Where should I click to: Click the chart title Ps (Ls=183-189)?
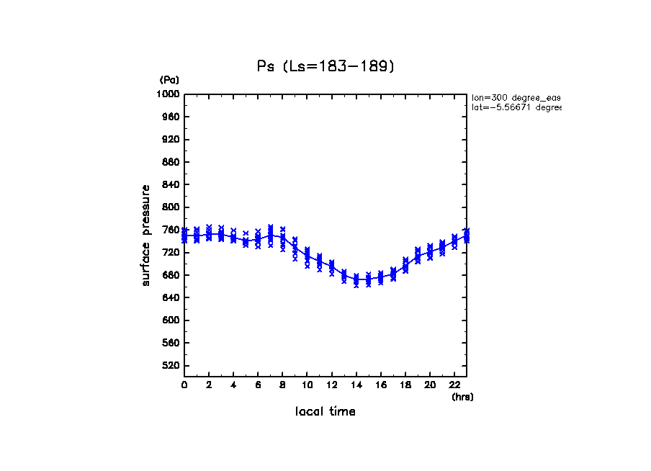pyautogui.click(x=325, y=66)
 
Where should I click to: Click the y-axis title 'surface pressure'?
pyautogui.click(x=146, y=235)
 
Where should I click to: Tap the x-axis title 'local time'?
pyautogui.click(x=325, y=411)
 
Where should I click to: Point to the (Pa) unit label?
pyautogui.click(x=169, y=80)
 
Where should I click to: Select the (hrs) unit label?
pyautogui.click(x=462, y=396)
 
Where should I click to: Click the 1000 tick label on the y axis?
pyautogui.click(x=169, y=94)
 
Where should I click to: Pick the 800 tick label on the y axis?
pyautogui.click(x=171, y=207)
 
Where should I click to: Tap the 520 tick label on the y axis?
pyautogui.click(x=171, y=366)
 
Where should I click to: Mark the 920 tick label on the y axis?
pyautogui.click(x=171, y=140)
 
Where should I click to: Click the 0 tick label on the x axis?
pyautogui.click(x=184, y=385)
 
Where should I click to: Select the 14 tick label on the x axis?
pyautogui.click(x=356, y=385)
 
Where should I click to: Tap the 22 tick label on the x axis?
pyautogui.click(x=454, y=385)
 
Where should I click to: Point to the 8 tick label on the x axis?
pyautogui.click(x=282, y=385)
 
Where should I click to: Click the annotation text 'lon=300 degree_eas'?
pyautogui.click(x=516, y=97)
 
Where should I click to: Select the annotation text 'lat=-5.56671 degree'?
pyautogui.click(x=516, y=107)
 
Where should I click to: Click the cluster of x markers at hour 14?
pyautogui.click(x=356, y=280)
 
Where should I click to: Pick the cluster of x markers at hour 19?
pyautogui.click(x=417, y=255)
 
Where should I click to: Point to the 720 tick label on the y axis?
pyautogui.click(x=171, y=253)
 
